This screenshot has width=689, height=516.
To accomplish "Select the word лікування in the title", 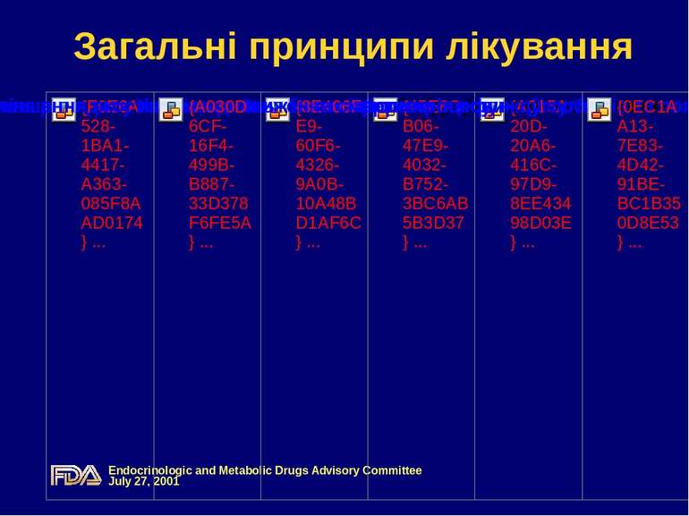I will [538, 47].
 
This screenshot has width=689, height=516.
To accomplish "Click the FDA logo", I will [76, 475].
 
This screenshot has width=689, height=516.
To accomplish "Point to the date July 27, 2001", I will [144, 481].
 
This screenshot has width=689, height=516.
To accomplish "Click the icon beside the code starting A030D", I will [171, 109].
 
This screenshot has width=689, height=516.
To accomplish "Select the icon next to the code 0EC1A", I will [600, 109].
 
